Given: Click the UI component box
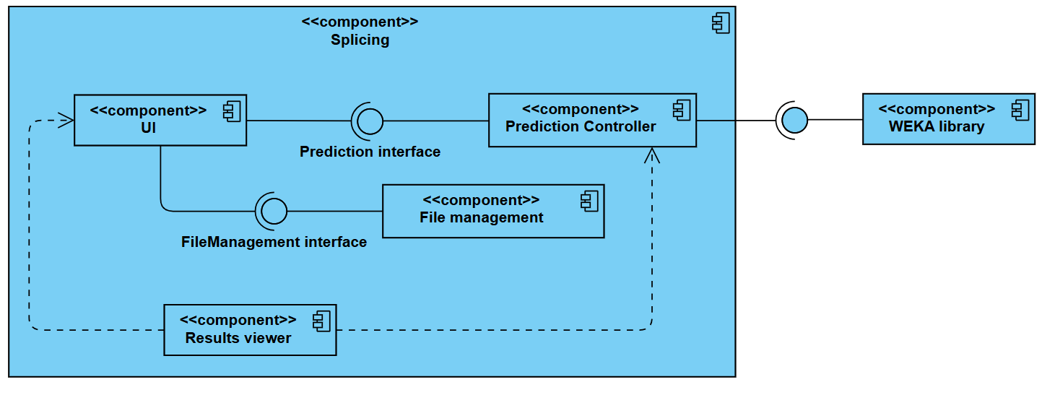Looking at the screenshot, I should click(x=160, y=120).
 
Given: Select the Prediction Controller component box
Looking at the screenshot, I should click(x=592, y=120).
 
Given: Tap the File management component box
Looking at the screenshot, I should click(x=492, y=211).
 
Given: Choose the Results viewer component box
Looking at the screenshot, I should click(x=250, y=329).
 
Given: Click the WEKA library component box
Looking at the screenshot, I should click(x=948, y=118).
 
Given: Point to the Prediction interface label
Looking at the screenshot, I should click(x=370, y=152).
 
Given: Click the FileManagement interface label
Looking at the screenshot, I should click(x=274, y=242).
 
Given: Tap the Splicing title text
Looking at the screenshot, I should click(x=360, y=40).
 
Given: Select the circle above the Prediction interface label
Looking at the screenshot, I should click(x=370, y=121).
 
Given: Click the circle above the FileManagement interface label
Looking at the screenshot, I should click(x=274, y=211).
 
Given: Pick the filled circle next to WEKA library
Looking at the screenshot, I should click(x=794, y=120).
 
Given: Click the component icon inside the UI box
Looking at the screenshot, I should click(x=232, y=111).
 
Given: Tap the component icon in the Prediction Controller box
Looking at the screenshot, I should click(x=681, y=110).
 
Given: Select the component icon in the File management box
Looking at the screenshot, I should click(x=589, y=201).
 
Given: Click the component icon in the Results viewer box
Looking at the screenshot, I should click(x=321, y=321).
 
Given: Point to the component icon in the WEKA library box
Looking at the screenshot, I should click(x=1020, y=110).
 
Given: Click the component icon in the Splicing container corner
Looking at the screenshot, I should click(x=720, y=24).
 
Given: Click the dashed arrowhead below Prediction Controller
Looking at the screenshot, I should click(x=652, y=155).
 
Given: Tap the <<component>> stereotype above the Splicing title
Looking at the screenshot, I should click(x=360, y=22).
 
